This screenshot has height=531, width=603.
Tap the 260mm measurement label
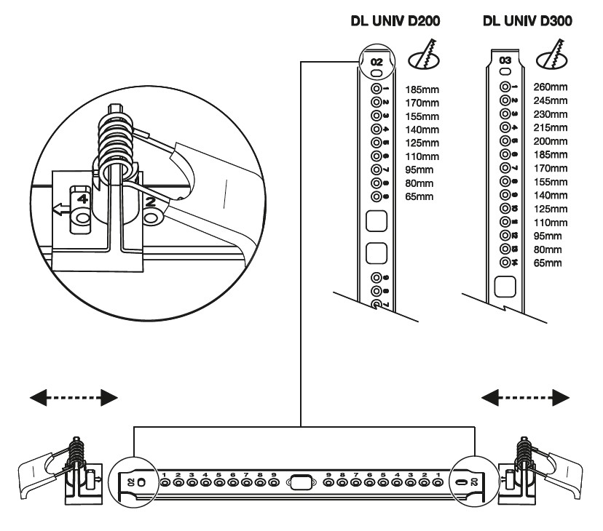coord(551,87)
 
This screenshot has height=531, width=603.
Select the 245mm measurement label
coord(551,100)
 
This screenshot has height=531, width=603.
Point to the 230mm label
coord(551,114)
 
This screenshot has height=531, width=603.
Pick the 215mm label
coord(551,127)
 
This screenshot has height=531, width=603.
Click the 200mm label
coord(551,141)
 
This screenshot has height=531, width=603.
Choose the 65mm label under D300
coord(548,263)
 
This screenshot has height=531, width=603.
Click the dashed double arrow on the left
coord(74,396)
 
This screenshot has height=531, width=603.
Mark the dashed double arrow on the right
coord(526,396)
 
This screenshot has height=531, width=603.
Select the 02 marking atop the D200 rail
coord(376,62)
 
